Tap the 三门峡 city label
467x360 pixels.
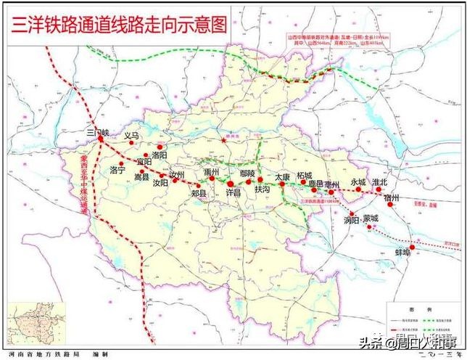tap(96, 133)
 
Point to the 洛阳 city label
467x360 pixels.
tap(160, 155)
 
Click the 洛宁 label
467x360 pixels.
tap(117, 170)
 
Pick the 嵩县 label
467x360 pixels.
tap(142, 176)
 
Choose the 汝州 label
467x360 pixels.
tap(178, 176)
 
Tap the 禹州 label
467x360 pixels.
tap(212, 172)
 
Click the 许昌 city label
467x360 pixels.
tap(233, 194)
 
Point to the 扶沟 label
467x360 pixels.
tap(262, 189)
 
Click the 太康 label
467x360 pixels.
tap(282, 176)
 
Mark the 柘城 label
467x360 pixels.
tap(304, 176)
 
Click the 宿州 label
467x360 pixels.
tap(392, 197)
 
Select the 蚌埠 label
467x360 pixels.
tap(402, 252)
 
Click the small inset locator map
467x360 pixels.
tap(36, 322)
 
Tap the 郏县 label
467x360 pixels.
tap(199, 194)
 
